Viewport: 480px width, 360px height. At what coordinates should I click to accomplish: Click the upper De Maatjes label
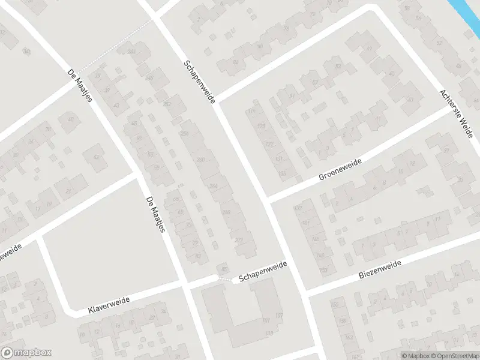(x=80, y=86)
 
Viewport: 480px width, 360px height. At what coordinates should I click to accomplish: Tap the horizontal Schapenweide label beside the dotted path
(x=263, y=271)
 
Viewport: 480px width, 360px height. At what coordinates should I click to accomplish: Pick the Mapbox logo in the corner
(x=26, y=353)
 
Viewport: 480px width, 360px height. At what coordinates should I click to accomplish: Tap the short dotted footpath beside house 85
(x=225, y=278)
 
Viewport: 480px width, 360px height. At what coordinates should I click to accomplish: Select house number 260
(x=200, y=159)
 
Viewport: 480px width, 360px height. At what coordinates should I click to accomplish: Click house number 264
(x=214, y=185)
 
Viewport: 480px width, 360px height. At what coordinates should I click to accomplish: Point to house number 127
(x=269, y=144)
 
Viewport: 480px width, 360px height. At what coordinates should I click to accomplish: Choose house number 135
(x=282, y=174)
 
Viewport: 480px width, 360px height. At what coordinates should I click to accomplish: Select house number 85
(x=224, y=268)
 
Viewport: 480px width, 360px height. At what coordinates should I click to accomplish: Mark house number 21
(x=68, y=191)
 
